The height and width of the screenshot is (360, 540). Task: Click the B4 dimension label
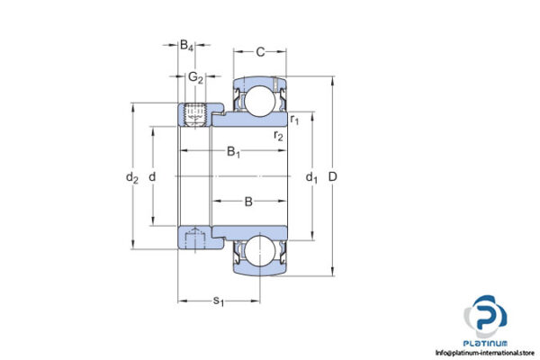coord(185,44)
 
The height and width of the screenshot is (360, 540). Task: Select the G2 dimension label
coord(194,76)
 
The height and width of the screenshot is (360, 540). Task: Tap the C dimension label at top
coord(259,50)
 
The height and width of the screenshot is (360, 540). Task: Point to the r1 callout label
coord(294,119)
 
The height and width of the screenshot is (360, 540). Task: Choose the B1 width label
coord(233,152)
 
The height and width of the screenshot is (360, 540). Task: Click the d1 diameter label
coord(311,177)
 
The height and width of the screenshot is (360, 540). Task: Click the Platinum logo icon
coord(487,316)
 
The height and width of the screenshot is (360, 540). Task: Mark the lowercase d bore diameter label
coord(152,176)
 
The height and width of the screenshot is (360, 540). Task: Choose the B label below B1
coord(248,202)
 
